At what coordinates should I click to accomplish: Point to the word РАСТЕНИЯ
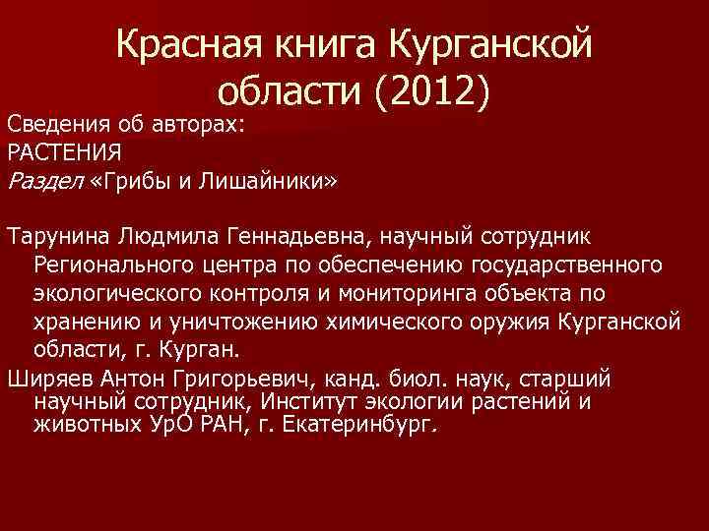(x=64, y=152)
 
